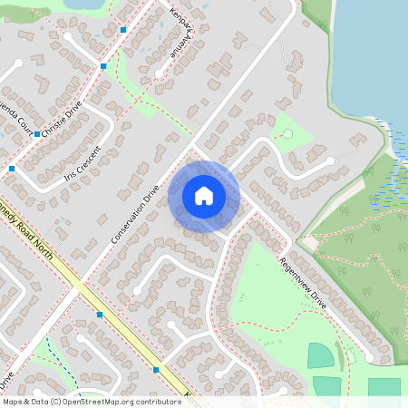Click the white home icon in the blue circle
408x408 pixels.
pyautogui.click(x=204, y=196)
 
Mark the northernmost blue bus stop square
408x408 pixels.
pyautogui.click(x=123, y=30)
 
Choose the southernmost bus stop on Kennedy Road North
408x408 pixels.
pyautogui.click(x=157, y=370)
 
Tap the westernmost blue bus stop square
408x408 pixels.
pyautogui.click(x=12, y=169)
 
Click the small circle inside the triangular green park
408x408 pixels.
pyautogui.click(x=287, y=134)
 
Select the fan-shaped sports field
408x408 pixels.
pyautogui.click(x=320, y=355)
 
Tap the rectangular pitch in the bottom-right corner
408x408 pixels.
pyautogui.click(x=384, y=388)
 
